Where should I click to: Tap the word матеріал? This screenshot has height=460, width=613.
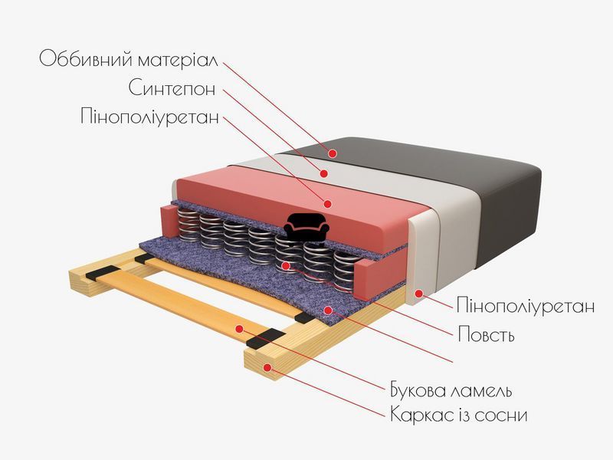point(179,61)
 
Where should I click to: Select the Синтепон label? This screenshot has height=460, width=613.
point(172,88)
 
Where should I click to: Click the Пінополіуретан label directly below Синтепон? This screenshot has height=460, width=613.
point(149,116)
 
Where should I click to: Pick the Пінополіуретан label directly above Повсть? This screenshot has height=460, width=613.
point(526,305)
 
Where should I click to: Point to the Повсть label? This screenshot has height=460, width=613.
point(486,334)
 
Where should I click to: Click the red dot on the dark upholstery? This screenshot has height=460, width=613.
point(333,154)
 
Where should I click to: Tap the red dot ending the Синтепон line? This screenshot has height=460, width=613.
point(323,173)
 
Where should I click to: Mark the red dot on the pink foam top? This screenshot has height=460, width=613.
point(328,203)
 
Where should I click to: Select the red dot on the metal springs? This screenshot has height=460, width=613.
point(286,266)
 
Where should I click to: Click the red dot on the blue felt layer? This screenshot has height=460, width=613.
point(329,310)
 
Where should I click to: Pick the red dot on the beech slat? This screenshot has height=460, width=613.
point(241,329)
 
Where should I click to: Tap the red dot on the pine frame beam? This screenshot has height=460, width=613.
point(267,367)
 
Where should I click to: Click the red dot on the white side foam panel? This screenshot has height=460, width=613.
point(419,294)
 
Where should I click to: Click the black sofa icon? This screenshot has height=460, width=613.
point(306,226)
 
